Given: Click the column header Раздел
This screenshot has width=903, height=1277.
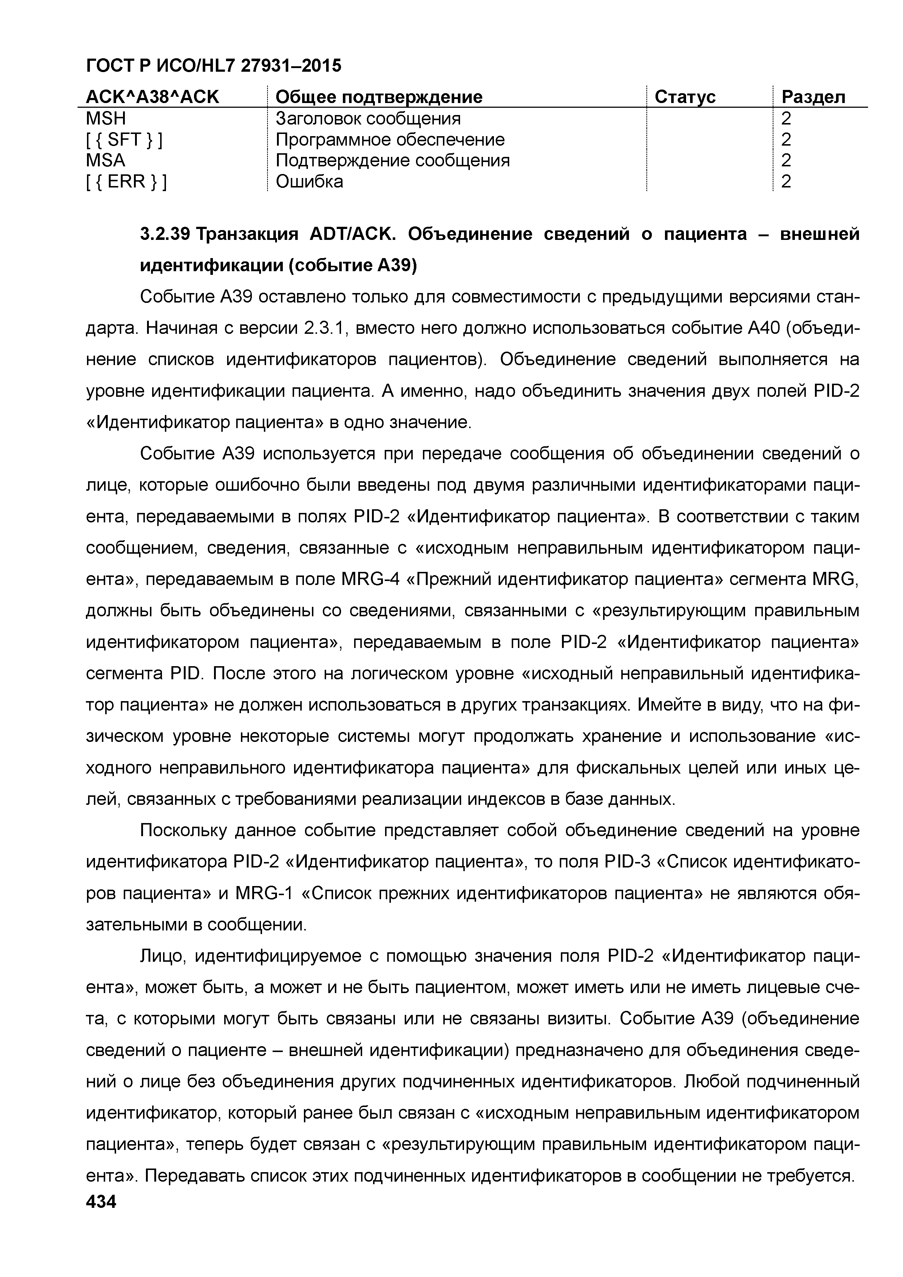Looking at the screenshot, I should click(813, 97).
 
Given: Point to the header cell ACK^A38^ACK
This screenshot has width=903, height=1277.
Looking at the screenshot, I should click(153, 97).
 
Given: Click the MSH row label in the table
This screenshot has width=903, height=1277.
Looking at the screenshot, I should click(106, 118).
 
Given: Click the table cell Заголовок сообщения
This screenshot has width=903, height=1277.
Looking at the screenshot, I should click(368, 118).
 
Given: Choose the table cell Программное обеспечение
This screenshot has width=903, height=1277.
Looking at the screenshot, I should click(390, 139).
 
